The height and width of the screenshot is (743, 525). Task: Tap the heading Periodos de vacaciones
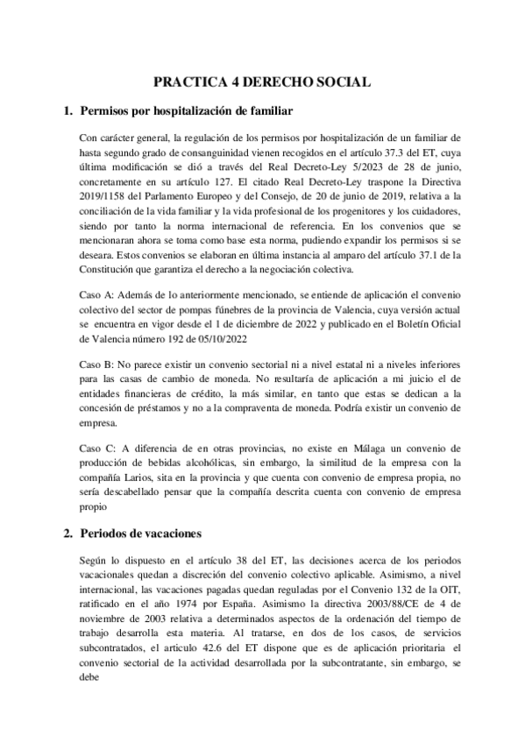pos(141,532)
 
